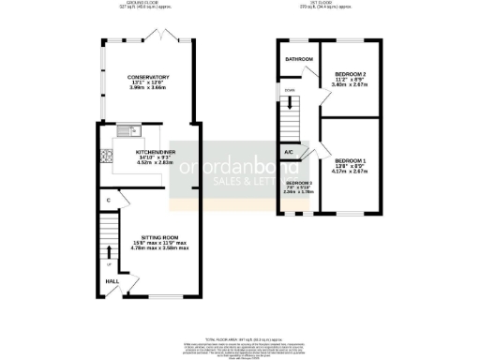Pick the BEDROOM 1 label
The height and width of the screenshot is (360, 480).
coord(351,159)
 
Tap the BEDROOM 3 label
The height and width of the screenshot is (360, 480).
coord(299,182)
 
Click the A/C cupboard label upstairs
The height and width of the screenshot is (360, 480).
coord(289,152)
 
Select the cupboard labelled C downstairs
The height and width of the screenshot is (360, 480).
coord(109,200)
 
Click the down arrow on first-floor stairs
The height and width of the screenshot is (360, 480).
coord(290,102)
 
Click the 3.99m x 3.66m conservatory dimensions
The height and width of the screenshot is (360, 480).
coord(149,92)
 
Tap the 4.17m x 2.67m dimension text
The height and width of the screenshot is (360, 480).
coord(351,172)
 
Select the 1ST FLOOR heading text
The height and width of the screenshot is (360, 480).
coord(328,5)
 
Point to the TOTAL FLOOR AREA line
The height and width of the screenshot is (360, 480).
coord(240,338)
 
